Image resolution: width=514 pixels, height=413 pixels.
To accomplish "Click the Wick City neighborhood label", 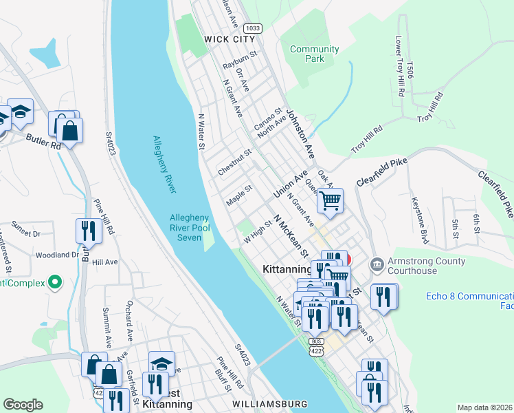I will click(230, 40).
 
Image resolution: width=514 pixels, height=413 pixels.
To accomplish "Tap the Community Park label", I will click(314, 54).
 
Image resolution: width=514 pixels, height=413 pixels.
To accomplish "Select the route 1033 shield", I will click(253, 28).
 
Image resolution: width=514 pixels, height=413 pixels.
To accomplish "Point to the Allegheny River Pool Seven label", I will click(188, 228).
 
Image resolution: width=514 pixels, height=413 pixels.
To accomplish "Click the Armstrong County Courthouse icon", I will click(377, 264).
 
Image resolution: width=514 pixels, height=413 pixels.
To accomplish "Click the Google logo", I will click(23, 405).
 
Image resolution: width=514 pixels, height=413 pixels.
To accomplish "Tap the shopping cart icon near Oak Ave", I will click(331, 201).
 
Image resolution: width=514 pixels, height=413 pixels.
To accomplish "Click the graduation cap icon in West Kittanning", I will click(161, 363).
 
